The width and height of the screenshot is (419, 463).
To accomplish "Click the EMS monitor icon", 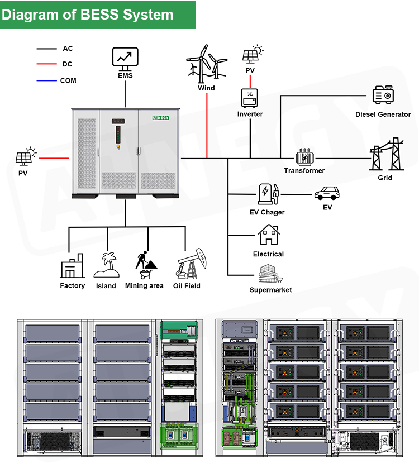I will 125,58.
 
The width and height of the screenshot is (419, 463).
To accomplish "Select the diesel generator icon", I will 383,95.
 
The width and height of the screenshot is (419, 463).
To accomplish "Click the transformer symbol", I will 304,157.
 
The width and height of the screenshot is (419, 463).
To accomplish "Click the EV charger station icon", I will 266,194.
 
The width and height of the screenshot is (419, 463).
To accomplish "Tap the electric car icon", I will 327,193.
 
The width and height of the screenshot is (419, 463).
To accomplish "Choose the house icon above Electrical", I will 269,235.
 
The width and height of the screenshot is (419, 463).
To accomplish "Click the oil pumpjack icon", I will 187,265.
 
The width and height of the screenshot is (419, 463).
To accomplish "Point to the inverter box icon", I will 250,98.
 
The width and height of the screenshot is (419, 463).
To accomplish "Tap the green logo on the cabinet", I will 164,118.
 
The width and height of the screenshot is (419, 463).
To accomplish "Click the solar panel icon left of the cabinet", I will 25,157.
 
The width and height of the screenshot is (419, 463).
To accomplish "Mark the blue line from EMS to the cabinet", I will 125,93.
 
